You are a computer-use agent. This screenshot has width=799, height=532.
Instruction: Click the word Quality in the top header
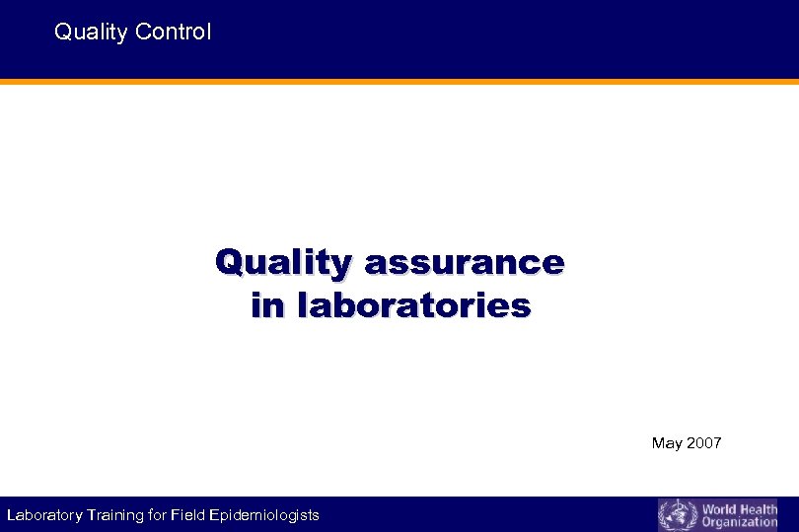[x=91, y=33]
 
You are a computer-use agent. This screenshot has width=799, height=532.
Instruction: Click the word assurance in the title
[x=464, y=263]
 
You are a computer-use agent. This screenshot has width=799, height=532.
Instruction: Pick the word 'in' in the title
[x=264, y=305]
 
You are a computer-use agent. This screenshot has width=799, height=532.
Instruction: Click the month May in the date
[x=666, y=443]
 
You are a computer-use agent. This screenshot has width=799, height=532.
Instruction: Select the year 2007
[x=703, y=443]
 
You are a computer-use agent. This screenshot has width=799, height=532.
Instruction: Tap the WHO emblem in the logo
[x=678, y=515]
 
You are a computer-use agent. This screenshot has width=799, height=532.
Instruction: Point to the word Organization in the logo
[x=740, y=522]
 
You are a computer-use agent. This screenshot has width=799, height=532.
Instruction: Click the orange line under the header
[x=399, y=82]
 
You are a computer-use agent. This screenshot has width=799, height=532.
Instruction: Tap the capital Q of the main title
[x=229, y=263]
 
